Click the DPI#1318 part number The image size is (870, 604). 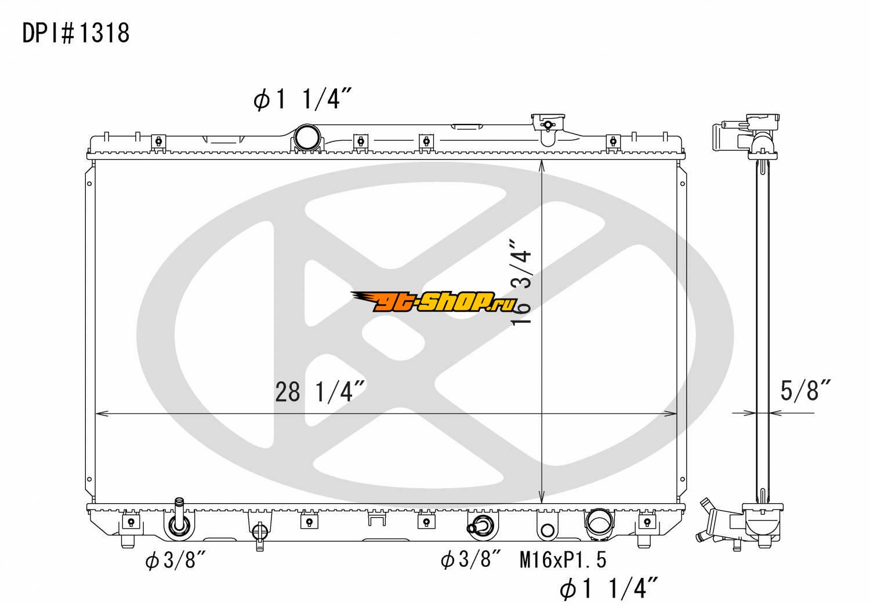point(76,33)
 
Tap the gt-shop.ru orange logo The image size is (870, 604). point(434,301)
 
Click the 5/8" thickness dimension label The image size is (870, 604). point(805,390)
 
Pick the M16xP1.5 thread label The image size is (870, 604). point(563,560)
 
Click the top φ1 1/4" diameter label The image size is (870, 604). point(303,99)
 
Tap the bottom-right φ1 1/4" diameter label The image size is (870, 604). point(608,588)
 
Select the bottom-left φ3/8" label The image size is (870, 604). point(175,560)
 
